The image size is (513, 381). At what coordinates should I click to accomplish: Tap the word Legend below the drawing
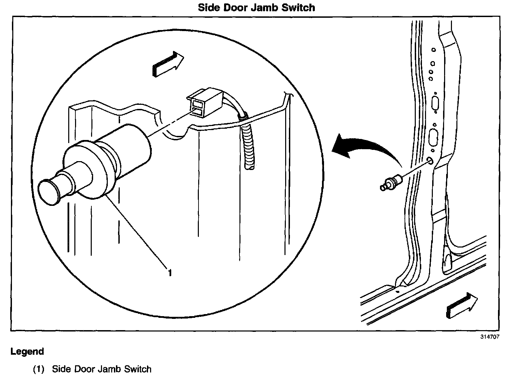[27, 351]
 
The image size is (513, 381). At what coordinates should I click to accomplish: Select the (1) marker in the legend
[39, 369]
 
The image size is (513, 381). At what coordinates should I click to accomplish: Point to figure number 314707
[490, 337]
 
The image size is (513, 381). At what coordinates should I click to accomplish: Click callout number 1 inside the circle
[169, 273]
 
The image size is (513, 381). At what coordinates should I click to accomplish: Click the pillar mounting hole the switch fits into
[430, 160]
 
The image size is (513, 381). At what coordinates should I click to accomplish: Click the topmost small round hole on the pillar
[434, 50]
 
